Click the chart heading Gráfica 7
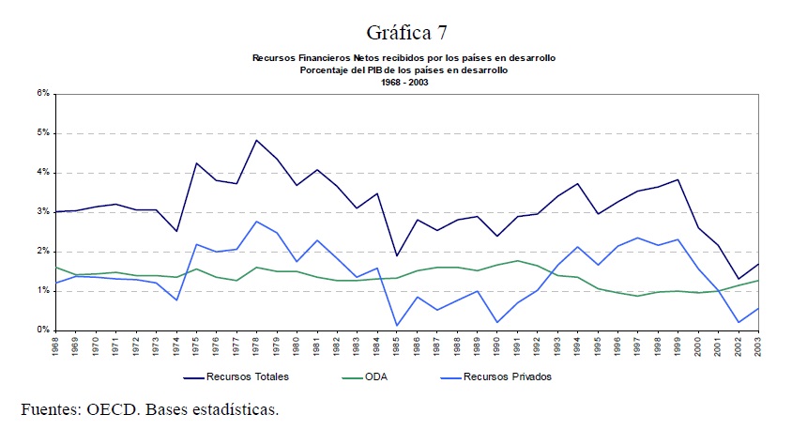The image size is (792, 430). pos(404,34)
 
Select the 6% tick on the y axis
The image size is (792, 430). pos(42,94)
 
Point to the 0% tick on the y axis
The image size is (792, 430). pos(42,330)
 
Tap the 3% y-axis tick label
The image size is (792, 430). pos(42,212)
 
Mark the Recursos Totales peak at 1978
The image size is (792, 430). pos(256,140)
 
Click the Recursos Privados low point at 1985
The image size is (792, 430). pos(397,326)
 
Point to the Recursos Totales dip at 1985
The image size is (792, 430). pos(397,255)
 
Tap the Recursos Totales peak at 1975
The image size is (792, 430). pos(196,163)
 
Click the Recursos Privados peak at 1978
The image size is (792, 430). pos(256,222)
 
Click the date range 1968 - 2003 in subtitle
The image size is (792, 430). pos(404,83)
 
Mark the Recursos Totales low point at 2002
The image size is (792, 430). pos(739,279)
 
